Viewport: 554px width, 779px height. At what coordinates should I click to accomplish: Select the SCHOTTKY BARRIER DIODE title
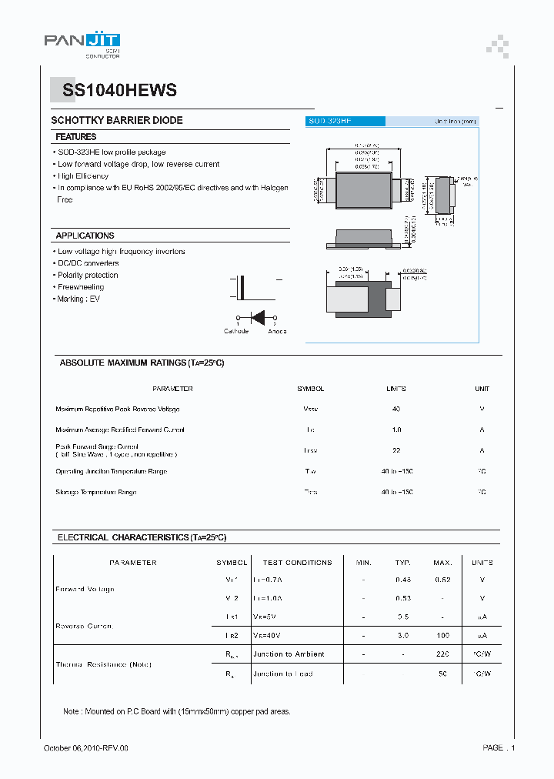pos(117,121)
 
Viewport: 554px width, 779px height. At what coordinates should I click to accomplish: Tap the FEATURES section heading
pos(76,137)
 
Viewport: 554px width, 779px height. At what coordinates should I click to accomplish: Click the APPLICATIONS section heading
pos(85,236)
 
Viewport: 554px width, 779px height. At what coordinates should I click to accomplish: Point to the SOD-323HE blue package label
pos(329,122)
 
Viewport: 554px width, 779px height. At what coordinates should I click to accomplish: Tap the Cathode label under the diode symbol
pos(236,332)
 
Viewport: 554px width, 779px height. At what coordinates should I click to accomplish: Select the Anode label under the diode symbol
pos(277,332)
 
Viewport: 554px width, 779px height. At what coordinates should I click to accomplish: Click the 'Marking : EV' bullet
pos(78,299)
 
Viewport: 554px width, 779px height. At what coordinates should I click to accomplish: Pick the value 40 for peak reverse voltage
pos(396,410)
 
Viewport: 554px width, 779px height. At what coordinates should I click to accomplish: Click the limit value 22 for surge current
pos(396,450)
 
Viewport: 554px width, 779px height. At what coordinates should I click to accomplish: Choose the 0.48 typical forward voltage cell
pos(403,580)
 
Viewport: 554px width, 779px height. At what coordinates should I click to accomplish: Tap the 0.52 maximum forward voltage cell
pos(442,580)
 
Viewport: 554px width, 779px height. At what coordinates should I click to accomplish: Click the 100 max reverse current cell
pos(442,635)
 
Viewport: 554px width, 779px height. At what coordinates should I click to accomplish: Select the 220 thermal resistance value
pos(442,654)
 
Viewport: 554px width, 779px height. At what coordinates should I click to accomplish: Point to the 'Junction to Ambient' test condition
pos(289,654)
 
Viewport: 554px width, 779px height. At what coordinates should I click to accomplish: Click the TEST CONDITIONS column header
pos(297,563)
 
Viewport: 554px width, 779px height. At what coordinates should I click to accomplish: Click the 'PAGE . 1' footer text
pos(499,747)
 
